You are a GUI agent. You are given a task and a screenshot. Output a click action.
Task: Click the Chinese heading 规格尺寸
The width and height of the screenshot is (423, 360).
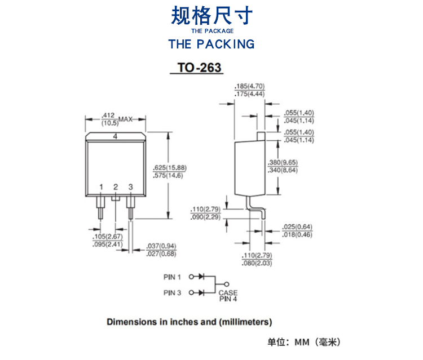point(211,15)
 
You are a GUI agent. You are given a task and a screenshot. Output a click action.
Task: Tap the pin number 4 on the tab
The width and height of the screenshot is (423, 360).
point(114,137)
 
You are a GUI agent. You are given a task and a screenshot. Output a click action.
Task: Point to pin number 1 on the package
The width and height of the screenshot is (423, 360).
point(102,186)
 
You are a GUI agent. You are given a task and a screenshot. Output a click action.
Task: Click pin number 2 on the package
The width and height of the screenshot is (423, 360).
point(116,186)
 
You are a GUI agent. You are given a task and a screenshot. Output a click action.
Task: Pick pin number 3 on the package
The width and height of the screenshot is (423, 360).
point(130,186)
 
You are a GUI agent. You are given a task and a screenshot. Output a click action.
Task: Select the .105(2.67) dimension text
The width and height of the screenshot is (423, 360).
point(107,237)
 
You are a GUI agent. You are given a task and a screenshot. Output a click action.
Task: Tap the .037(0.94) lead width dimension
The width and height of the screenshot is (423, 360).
point(161,246)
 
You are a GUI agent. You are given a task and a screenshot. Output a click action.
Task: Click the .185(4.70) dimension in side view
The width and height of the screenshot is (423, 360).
point(249,86)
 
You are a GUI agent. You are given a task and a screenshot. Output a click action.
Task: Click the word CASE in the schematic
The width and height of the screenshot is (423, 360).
point(228,293)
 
